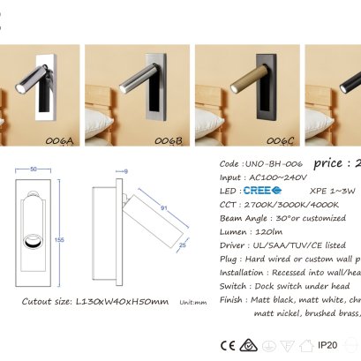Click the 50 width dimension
[34, 168]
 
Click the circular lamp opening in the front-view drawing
[34, 242]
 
